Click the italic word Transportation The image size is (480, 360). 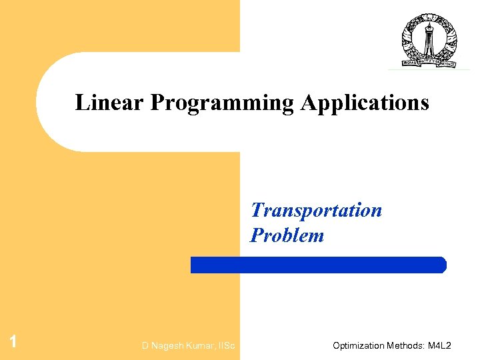(x=316, y=211)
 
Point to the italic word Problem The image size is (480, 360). (x=287, y=235)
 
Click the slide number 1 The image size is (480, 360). (x=13, y=343)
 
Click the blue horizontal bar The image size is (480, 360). (x=318, y=265)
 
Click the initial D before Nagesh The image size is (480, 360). (x=145, y=345)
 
